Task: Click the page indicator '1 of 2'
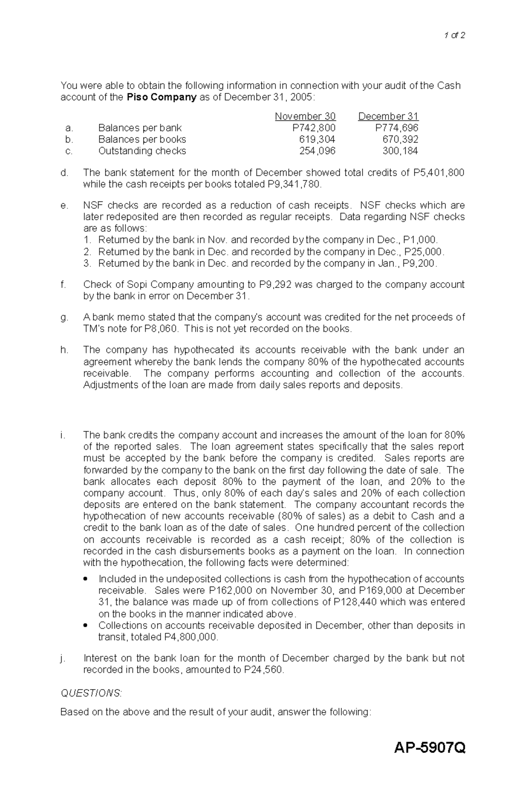[x=454, y=36]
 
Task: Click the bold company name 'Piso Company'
[x=161, y=97]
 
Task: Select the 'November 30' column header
[x=305, y=117]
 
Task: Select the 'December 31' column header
[x=388, y=117]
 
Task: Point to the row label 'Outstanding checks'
[x=142, y=151]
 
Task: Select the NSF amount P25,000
[x=424, y=252]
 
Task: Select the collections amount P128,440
[x=356, y=602]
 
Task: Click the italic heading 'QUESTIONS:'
[x=91, y=693]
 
